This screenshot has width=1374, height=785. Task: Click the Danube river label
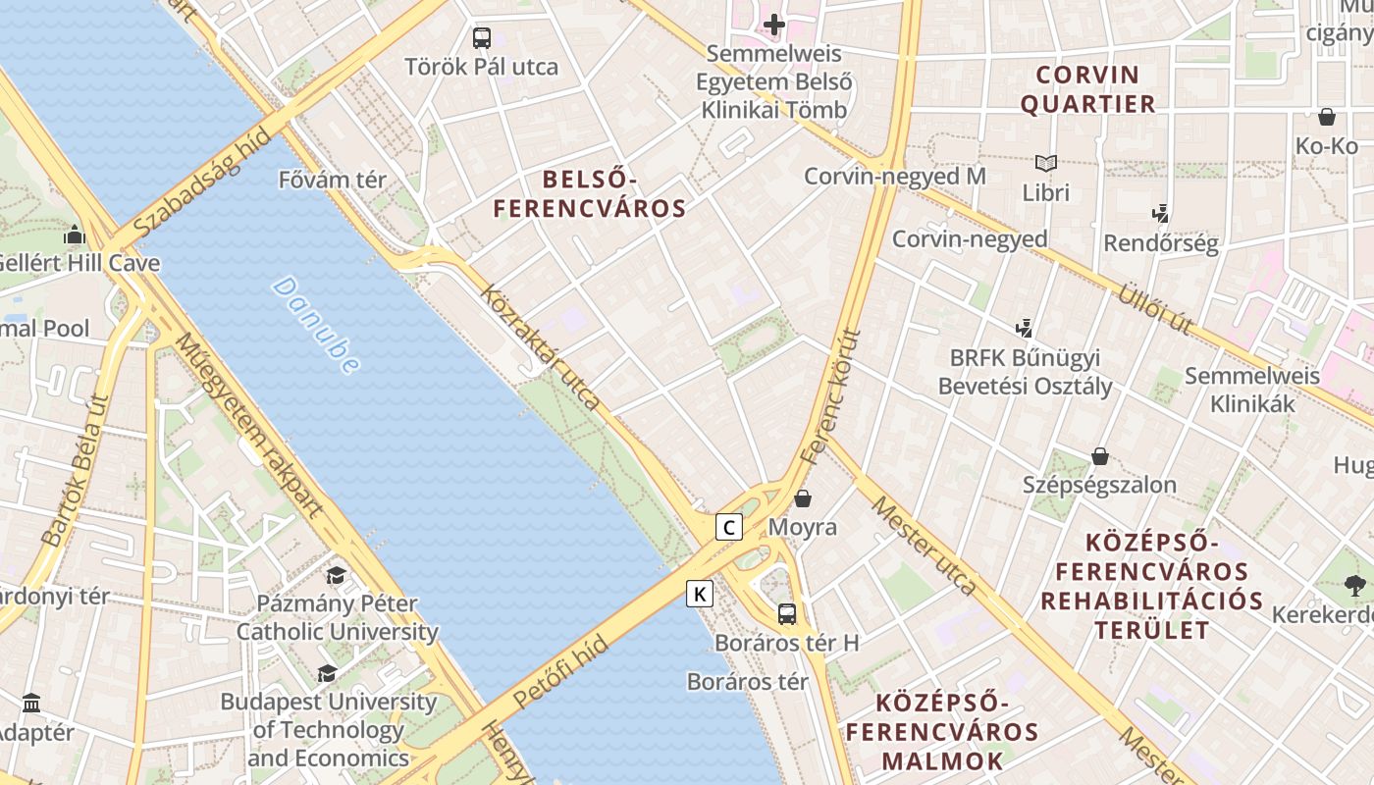click(316, 325)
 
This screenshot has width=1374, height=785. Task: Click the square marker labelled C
click(728, 527)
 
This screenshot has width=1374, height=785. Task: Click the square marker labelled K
click(700, 594)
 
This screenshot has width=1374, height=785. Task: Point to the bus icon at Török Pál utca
click(481, 38)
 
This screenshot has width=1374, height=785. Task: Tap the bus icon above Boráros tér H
click(787, 614)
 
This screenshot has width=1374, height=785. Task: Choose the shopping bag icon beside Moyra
click(803, 498)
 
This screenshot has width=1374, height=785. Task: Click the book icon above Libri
click(1046, 163)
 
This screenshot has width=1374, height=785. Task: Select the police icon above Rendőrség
click(1161, 213)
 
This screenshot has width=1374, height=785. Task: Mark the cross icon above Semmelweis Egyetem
click(774, 24)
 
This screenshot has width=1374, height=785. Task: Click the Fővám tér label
click(333, 181)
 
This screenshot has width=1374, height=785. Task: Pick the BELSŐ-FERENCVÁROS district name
click(589, 193)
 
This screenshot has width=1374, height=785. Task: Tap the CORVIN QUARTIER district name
click(1088, 89)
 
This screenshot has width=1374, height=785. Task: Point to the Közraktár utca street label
click(540, 346)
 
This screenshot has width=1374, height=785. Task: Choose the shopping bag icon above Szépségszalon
click(1099, 456)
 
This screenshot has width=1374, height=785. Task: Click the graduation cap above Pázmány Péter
click(337, 575)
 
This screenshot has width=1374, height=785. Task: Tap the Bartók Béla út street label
click(75, 470)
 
